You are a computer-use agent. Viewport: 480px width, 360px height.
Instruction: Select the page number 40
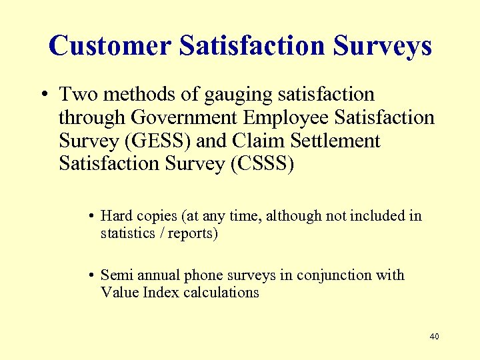[434, 336]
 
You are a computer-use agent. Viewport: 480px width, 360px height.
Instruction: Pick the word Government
[184, 118]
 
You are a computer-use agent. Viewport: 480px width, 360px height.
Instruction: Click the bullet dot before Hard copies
[90, 216]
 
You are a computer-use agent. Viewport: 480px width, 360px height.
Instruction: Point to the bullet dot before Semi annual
[90, 275]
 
